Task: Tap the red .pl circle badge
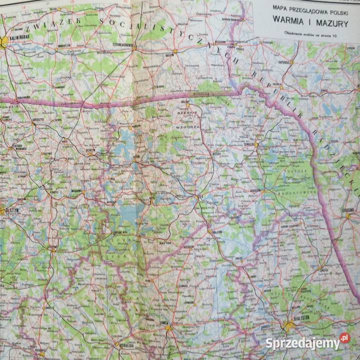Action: pyautogui.click(x=344, y=339)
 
